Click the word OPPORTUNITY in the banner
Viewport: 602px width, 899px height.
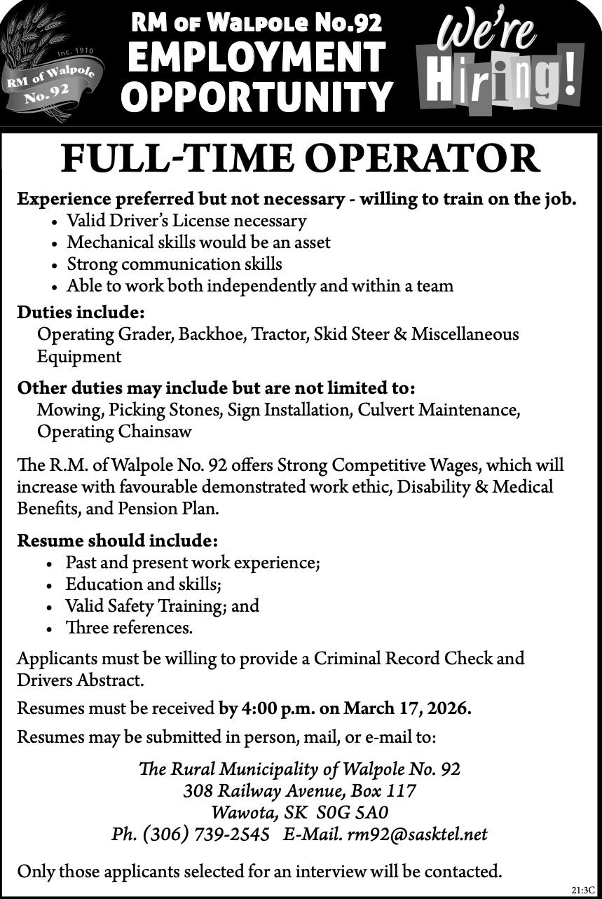point(256,97)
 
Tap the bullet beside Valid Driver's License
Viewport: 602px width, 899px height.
point(55,223)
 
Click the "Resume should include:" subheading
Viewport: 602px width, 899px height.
point(117,541)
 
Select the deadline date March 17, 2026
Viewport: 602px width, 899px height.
point(407,708)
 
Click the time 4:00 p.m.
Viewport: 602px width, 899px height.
point(278,708)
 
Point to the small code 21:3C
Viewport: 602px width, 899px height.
point(583,890)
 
